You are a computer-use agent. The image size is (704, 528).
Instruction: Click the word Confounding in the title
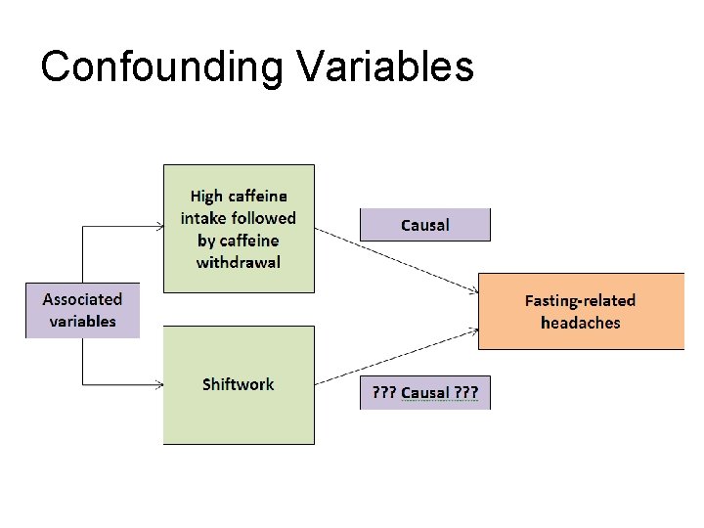point(161,66)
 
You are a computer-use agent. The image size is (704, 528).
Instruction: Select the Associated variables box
point(82,311)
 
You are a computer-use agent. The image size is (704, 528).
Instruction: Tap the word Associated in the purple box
point(82,299)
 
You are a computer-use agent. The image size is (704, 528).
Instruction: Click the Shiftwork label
point(238,384)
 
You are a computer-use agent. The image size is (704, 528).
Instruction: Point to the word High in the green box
point(205,198)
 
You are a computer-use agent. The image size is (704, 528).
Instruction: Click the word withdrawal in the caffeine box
point(238,262)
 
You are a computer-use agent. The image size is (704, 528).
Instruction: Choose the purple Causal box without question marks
point(424,225)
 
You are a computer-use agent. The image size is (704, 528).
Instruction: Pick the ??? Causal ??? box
point(424,393)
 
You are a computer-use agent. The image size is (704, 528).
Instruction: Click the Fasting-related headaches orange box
point(580,311)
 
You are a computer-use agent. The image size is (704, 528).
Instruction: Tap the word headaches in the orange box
point(580,323)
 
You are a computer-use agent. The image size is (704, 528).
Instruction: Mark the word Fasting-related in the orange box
point(580,300)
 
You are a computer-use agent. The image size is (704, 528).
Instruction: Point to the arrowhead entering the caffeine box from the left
point(159,227)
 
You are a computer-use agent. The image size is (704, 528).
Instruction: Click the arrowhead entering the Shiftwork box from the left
point(159,383)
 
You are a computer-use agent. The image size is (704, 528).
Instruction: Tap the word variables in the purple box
point(82,322)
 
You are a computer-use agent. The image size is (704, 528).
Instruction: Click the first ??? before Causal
point(383,393)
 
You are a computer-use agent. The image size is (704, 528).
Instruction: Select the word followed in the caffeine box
point(264,219)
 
